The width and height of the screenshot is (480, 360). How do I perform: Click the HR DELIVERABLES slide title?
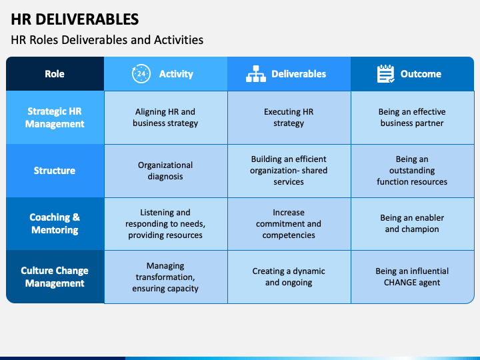pos(75,19)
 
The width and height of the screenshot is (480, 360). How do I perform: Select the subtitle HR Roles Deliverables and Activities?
pos(107,40)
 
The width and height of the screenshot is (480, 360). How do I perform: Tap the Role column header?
pos(55,74)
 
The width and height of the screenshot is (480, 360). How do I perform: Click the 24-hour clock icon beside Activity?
pos(141,74)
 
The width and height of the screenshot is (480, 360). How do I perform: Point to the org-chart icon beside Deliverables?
pos(256,74)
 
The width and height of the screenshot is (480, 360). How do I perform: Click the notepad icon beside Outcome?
pos(386,74)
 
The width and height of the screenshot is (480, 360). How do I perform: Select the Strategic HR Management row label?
pos(55,117)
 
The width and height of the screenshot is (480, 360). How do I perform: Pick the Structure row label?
pos(55,171)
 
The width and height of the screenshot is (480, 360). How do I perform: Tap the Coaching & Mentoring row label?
pos(55,223)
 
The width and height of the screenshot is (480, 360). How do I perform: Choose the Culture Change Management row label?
pos(55,277)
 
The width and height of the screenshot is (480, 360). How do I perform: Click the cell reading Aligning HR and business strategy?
pos(165,117)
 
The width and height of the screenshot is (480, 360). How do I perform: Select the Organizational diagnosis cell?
pos(165,171)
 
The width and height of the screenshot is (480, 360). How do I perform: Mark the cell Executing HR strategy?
pos(289,117)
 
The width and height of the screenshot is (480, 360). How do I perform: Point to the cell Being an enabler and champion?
pos(412,223)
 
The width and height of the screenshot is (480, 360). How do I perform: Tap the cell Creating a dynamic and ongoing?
pos(289,277)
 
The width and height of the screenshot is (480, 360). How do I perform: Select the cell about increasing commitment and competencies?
pos(289,223)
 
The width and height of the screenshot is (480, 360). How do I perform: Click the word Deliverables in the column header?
pos(299,74)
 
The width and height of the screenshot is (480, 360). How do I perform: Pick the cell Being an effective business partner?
pos(412,117)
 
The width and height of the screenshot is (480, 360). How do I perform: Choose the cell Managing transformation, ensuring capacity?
pos(165,277)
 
